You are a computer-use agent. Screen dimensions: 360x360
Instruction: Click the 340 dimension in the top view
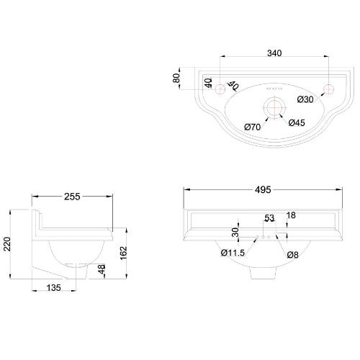pos(273,52)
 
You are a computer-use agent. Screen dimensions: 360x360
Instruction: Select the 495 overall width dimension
pos(262,189)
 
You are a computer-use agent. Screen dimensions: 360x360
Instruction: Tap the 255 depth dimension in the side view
pos(71,195)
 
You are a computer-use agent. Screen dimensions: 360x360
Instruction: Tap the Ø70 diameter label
pos(252,127)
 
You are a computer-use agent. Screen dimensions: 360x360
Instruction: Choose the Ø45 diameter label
pos(297,122)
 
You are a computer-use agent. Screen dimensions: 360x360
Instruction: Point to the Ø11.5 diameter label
pos(231,253)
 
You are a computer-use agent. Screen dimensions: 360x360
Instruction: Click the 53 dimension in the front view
pos(270,218)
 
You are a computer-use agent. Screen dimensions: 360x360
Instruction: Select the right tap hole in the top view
pos(328,89)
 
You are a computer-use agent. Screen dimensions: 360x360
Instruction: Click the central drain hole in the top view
pos(273,107)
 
